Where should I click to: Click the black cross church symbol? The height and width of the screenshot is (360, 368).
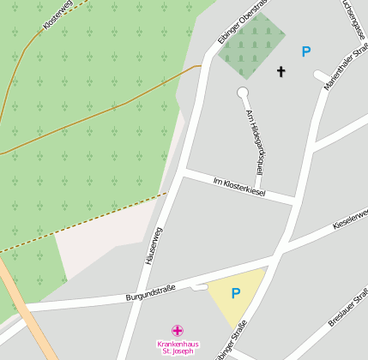281,71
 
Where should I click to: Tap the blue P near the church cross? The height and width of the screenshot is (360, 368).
305,51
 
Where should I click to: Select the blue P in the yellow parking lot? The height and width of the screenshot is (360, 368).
236,293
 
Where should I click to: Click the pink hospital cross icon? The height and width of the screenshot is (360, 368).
177,330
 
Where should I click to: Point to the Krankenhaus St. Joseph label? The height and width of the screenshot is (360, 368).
176,347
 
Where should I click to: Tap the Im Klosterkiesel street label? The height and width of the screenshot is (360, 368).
239,187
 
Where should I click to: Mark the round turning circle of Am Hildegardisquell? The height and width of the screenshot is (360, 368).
243,92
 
